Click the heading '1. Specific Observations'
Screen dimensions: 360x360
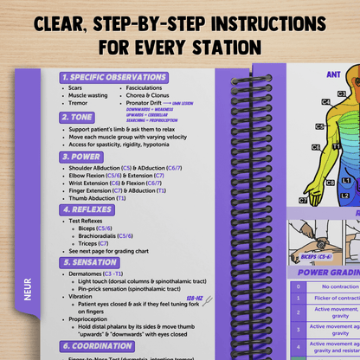point(113,77)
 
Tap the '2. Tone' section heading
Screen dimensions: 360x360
point(79,117)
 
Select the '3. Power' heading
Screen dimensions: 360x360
point(82,157)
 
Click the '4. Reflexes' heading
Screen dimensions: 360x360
point(87,209)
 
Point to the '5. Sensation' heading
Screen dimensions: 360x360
point(90,262)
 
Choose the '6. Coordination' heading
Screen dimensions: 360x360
point(97,345)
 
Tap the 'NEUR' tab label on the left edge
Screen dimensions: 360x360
point(29,293)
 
